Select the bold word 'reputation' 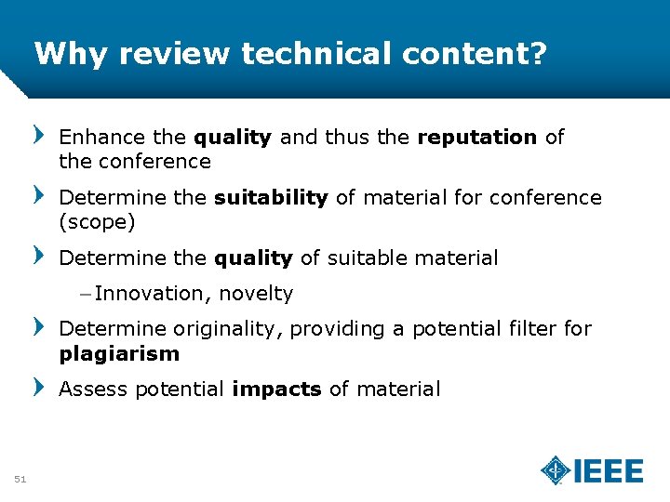(477, 138)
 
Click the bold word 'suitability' (271, 197)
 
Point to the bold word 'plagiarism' (119, 353)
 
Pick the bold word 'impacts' (276, 389)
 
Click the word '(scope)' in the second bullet (97, 222)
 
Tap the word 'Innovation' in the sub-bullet (153, 294)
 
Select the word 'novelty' (256, 294)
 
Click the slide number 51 (20, 479)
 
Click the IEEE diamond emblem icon (556, 470)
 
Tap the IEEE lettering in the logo (609, 471)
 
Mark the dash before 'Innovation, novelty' (86, 294)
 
